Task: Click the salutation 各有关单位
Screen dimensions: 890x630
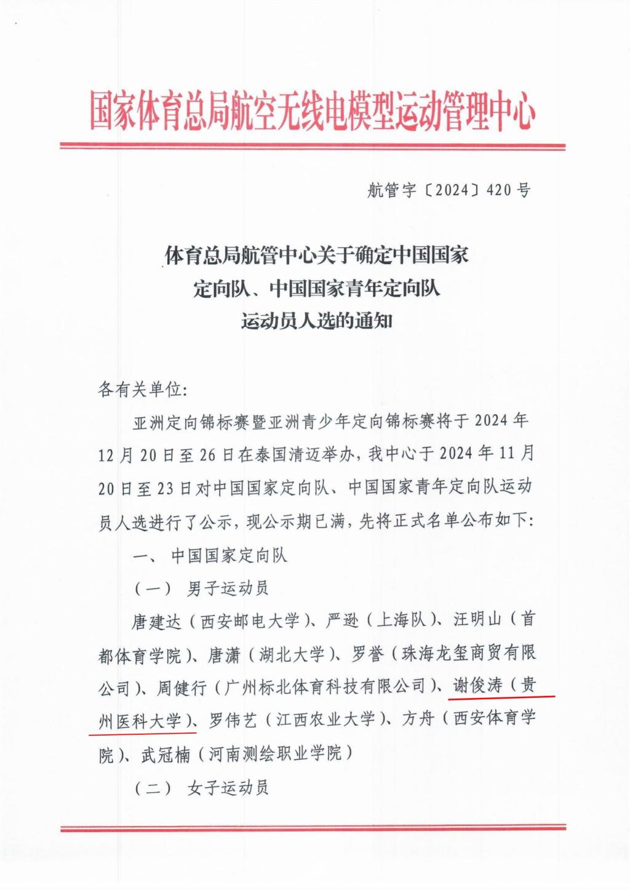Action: click(141, 390)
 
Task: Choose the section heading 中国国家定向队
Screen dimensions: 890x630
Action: click(229, 556)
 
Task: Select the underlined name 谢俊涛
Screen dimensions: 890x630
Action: click(478, 686)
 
